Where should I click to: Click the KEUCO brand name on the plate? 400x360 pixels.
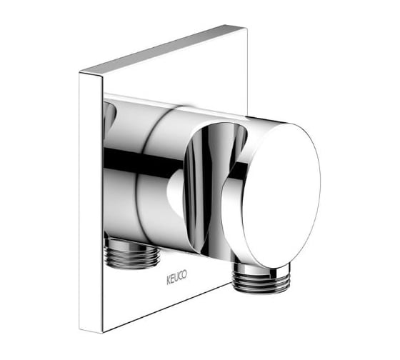[x=177, y=277]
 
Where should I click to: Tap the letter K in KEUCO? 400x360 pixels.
[x=169, y=280]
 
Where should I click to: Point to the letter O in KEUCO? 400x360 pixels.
[x=185, y=274]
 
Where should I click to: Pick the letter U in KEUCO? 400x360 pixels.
[x=176, y=277]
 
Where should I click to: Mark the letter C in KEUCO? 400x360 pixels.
[x=181, y=276]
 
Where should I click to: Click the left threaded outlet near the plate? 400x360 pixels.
[x=132, y=254]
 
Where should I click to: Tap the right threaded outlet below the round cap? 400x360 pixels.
[x=261, y=278]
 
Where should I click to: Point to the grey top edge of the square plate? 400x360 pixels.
[x=164, y=48]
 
